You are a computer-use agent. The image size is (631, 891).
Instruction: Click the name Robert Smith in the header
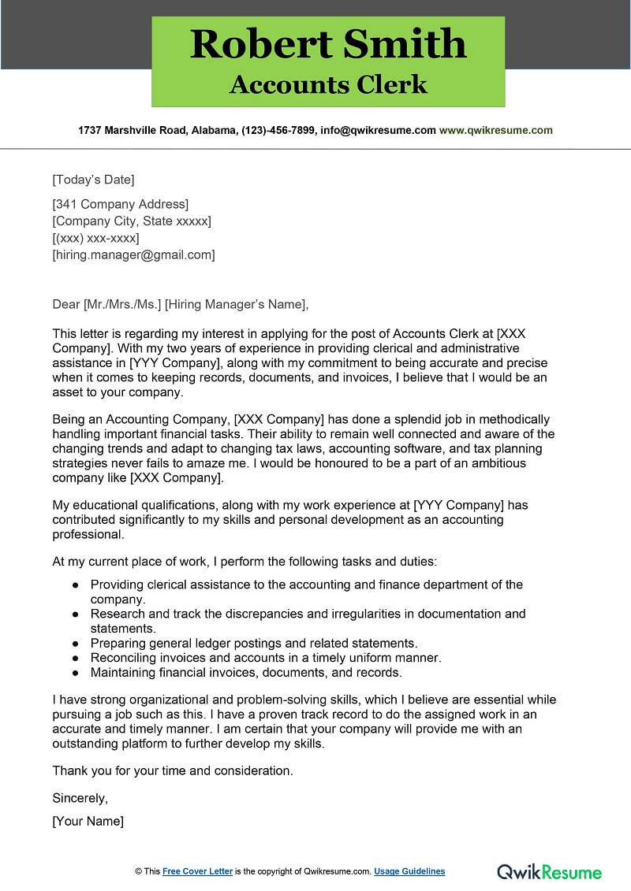point(328,44)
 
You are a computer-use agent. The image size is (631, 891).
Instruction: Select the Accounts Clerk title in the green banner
point(328,84)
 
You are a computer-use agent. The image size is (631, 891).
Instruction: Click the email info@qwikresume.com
point(379,130)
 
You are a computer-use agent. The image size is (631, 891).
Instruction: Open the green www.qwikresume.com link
point(495,130)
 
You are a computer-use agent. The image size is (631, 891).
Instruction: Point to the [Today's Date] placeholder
point(93,179)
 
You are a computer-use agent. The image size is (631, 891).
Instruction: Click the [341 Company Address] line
point(120,205)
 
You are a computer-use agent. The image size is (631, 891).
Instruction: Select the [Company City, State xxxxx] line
point(132,221)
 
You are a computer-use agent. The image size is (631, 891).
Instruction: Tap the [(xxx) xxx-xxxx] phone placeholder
point(95,238)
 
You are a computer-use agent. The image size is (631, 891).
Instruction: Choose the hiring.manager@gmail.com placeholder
point(133,254)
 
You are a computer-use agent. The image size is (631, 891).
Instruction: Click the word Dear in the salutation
point(65,304)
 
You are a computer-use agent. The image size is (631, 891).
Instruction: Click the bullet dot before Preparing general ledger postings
point(75,644)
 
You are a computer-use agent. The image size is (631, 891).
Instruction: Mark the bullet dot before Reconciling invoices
point(75,658)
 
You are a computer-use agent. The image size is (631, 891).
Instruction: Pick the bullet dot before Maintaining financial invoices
point(75,673)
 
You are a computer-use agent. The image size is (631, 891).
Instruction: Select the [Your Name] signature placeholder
point(88,821)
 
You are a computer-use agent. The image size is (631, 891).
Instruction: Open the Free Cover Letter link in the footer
point(197,871)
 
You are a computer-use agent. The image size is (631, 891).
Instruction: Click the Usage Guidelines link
point(409,871)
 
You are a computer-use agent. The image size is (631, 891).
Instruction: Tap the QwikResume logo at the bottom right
point(549,871)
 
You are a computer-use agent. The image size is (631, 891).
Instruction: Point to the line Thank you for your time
point(173,770)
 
